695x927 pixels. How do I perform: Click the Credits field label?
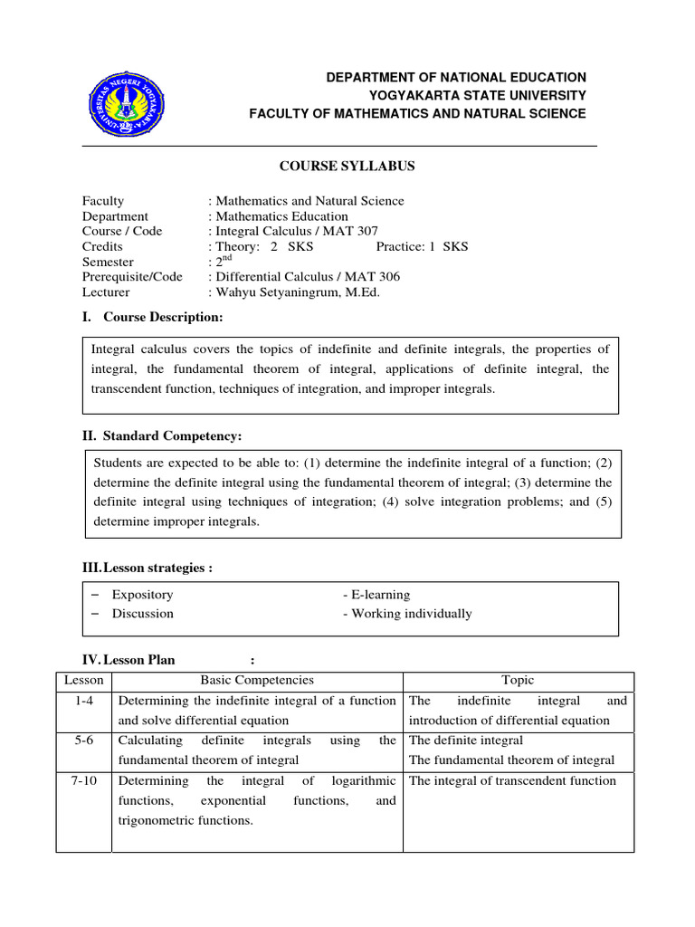pos(102,246)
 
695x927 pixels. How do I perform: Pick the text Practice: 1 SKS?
pos(422,246)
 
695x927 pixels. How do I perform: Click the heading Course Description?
pos(163,317)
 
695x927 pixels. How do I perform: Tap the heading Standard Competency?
pos(172,436)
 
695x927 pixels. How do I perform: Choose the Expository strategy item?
pos(143,595)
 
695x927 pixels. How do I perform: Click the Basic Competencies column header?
pos(257,680)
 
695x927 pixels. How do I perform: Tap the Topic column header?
pos(518,680)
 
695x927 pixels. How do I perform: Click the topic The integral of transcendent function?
pos(512,780)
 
